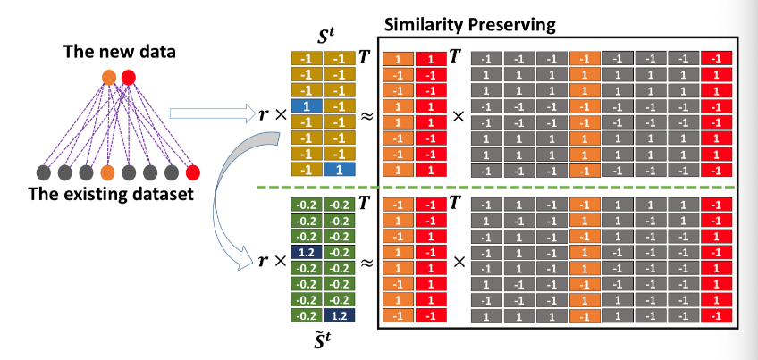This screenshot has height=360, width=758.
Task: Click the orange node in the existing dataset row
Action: coord(107,172)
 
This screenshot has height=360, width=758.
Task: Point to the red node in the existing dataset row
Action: coord(192,172)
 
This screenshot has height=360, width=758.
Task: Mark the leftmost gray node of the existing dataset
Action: coord(43,172)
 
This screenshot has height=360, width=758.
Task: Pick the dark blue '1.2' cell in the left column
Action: coord(305,253)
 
